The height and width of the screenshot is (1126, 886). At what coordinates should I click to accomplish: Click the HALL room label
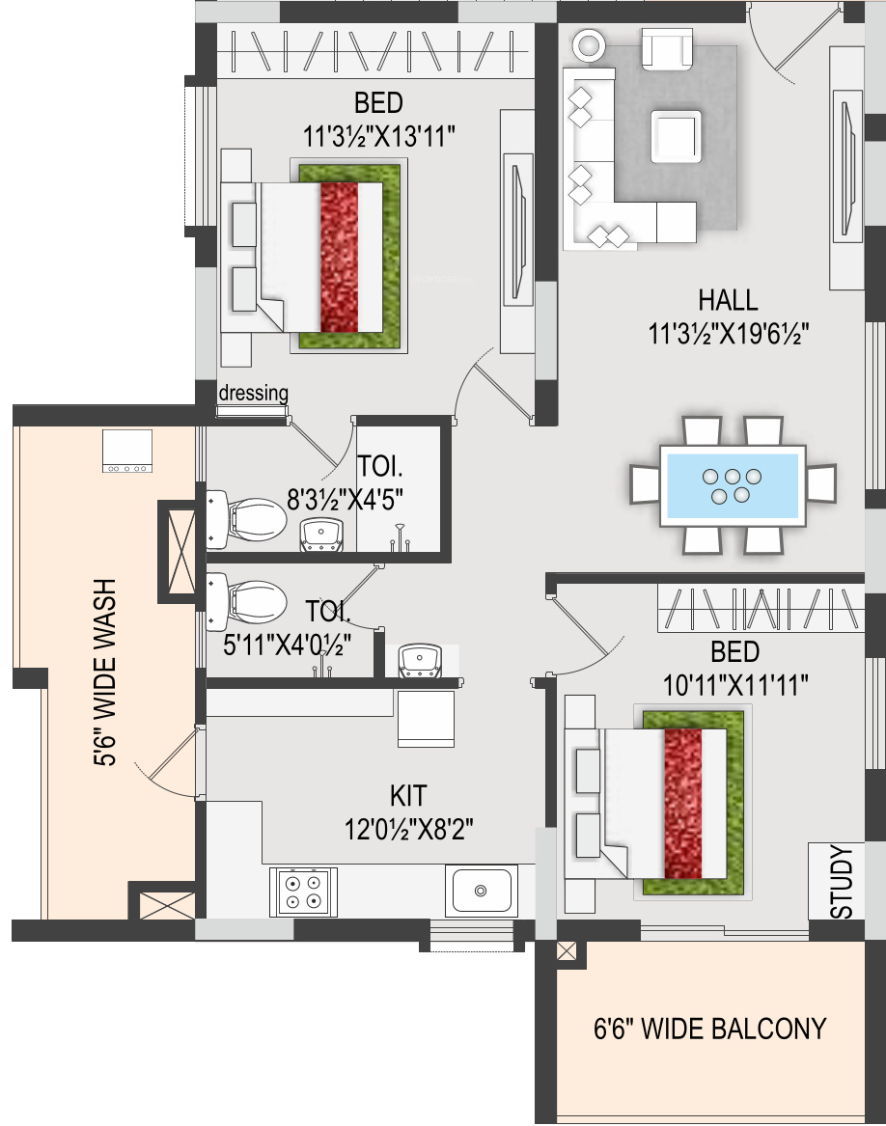tap(728, 299)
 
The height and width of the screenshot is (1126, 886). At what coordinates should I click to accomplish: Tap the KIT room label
tap(408, 796)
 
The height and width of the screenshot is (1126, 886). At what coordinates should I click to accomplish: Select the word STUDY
tap(842, 883)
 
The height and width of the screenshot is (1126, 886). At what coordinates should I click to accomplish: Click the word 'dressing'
tap(253, 393)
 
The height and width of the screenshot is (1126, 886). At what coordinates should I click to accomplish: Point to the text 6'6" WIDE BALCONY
tap(710, 1030)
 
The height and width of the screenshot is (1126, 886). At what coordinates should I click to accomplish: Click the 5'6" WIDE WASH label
tap(105, 673)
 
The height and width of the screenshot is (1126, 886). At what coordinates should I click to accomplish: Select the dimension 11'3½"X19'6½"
tap(729, 333)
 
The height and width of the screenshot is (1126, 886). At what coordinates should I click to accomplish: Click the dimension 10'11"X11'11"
tap(735, 685)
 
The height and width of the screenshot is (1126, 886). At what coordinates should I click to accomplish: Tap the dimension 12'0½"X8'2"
tap(409, 830)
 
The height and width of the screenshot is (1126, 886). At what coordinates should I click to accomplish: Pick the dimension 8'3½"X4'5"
tap(345, 499)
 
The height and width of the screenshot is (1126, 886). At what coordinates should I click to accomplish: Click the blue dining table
tap(733, 485)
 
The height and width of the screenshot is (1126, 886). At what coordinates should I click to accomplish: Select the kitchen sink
tap(481, 891)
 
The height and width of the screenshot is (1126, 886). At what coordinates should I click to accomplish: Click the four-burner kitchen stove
tap(303, 892)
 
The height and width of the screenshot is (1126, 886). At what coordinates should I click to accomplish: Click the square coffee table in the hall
tap(677, 136)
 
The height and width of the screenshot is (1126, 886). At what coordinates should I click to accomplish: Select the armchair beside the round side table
tap(668, 49)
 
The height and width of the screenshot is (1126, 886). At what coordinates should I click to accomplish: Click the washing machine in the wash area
tap(127, 451)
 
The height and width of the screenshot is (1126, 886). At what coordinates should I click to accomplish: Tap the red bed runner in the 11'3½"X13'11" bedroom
tap(339, 257)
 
